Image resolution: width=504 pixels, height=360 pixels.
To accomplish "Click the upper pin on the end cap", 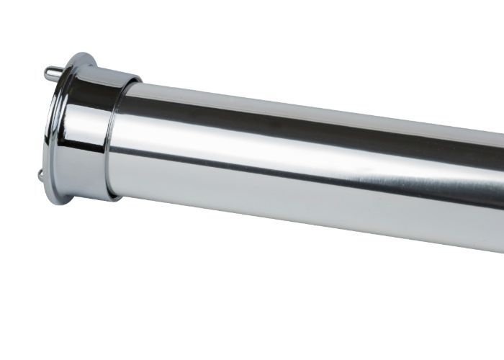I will [53, 72].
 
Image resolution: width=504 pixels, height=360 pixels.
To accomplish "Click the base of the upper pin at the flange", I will [59, 74].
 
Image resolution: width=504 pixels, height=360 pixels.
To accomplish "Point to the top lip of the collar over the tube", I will [122, 73].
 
